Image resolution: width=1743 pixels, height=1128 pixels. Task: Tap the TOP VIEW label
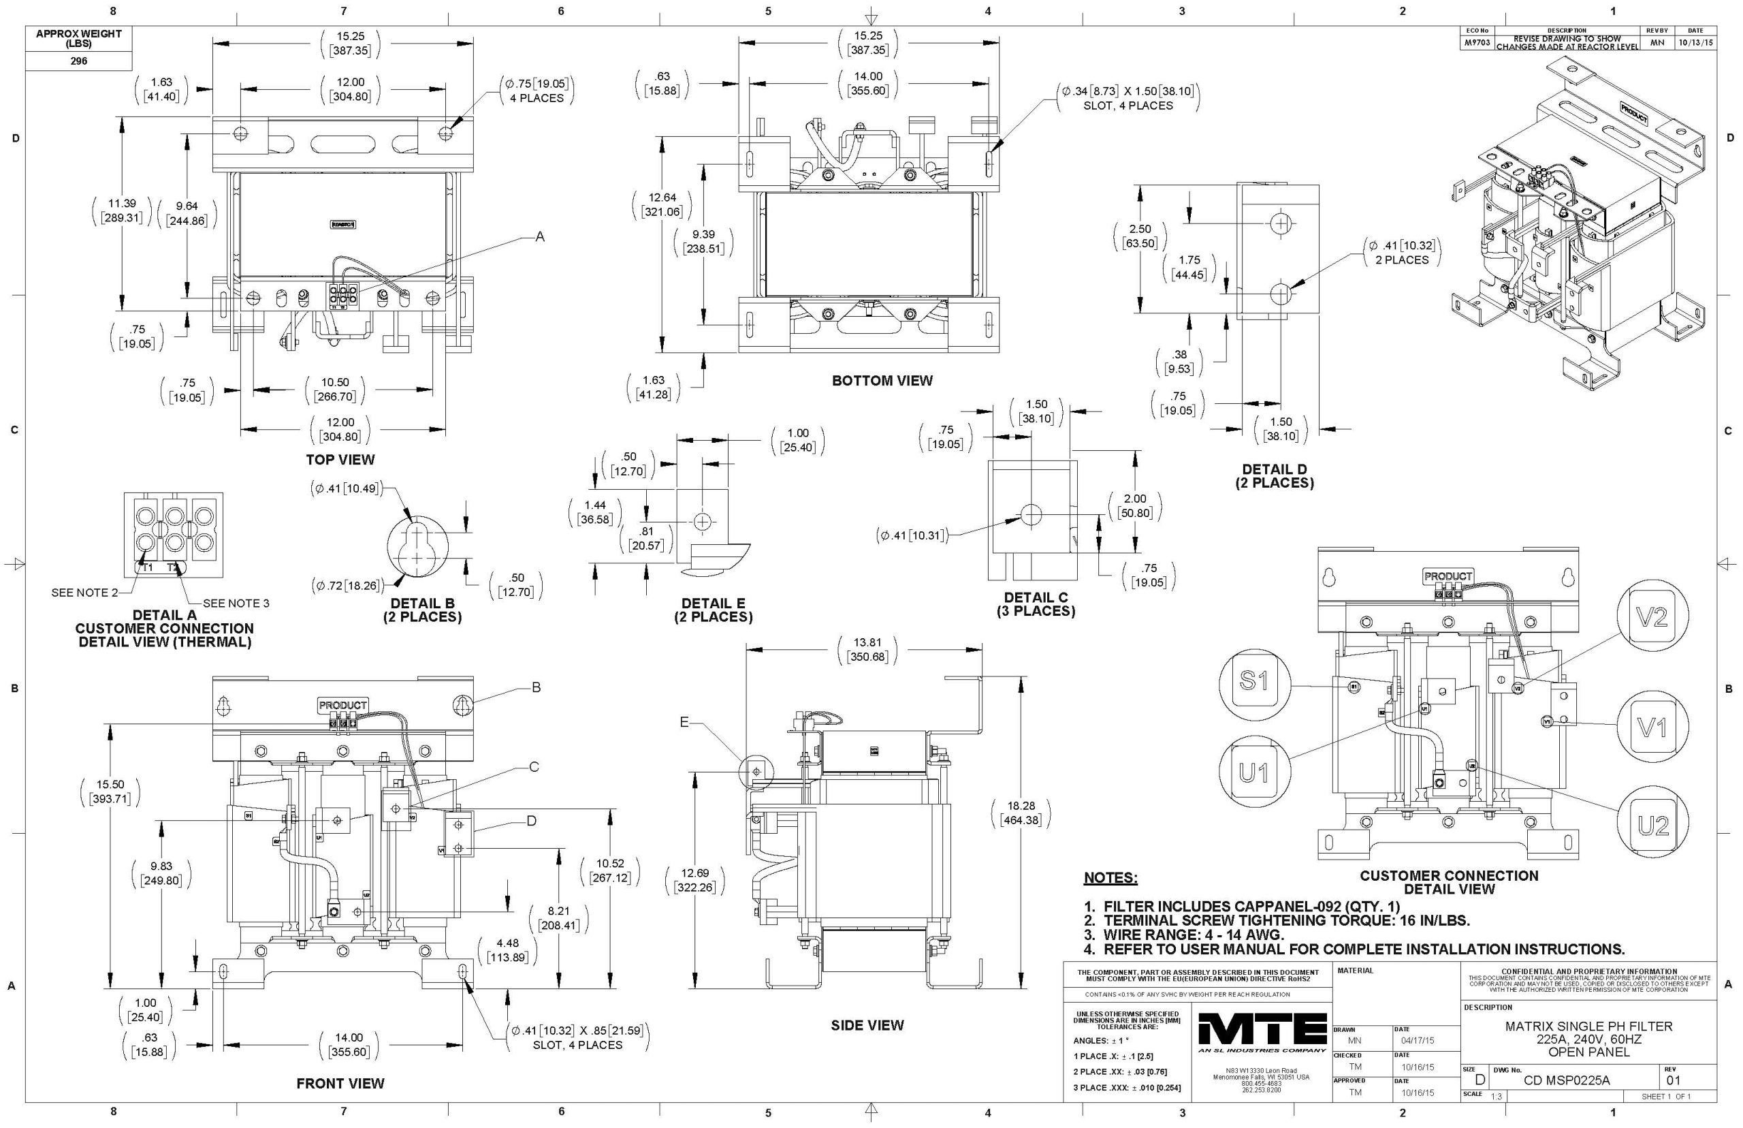(340, 460)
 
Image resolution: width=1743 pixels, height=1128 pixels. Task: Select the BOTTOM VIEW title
(882, 381)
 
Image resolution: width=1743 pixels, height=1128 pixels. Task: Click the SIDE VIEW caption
(867, 1025)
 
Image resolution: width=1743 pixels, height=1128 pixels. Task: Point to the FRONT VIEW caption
(340, 1083)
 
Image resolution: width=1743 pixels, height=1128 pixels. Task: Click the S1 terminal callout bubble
(1253, 682)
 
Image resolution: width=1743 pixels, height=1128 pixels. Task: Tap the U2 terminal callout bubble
(1653, 826)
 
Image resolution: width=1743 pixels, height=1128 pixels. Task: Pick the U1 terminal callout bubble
(1254, 772)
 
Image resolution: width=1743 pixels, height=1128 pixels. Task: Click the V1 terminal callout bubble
(1652, 727)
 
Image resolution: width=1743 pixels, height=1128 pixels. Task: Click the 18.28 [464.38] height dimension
(1021, 813)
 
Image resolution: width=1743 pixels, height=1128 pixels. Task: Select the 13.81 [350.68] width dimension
(867, 650)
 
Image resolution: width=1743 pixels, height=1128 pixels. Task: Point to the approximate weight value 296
(79, 61)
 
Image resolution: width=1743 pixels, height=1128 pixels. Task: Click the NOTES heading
(1110, 878)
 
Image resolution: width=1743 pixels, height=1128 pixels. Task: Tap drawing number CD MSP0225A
(1565, 1080)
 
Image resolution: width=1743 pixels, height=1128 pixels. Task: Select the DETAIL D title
(1274, 476)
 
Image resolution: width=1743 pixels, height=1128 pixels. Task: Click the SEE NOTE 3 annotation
(236, 604)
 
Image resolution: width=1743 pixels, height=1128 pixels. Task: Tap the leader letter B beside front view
(536, 688)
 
